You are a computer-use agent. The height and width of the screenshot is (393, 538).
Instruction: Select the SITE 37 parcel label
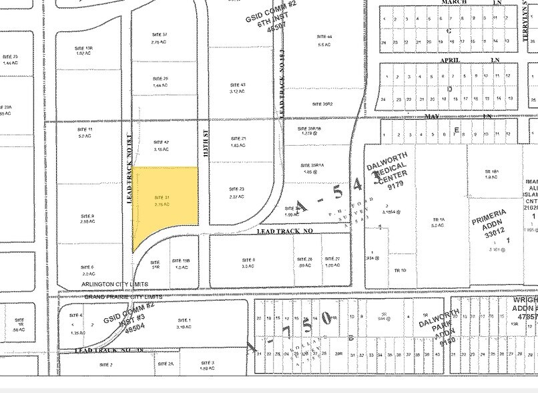click(x=160, y=37)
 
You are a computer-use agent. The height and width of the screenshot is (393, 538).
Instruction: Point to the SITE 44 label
click(x=325, y=40)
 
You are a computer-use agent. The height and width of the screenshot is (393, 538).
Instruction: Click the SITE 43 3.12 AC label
click(x=238, y=88)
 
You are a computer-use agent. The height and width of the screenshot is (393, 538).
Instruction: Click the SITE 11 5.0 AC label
click(x=84, y=132)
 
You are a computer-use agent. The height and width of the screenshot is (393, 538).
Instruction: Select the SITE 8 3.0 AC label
click(x=248, y=262)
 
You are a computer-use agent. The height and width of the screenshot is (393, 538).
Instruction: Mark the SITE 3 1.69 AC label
click(x=208, y=365)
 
